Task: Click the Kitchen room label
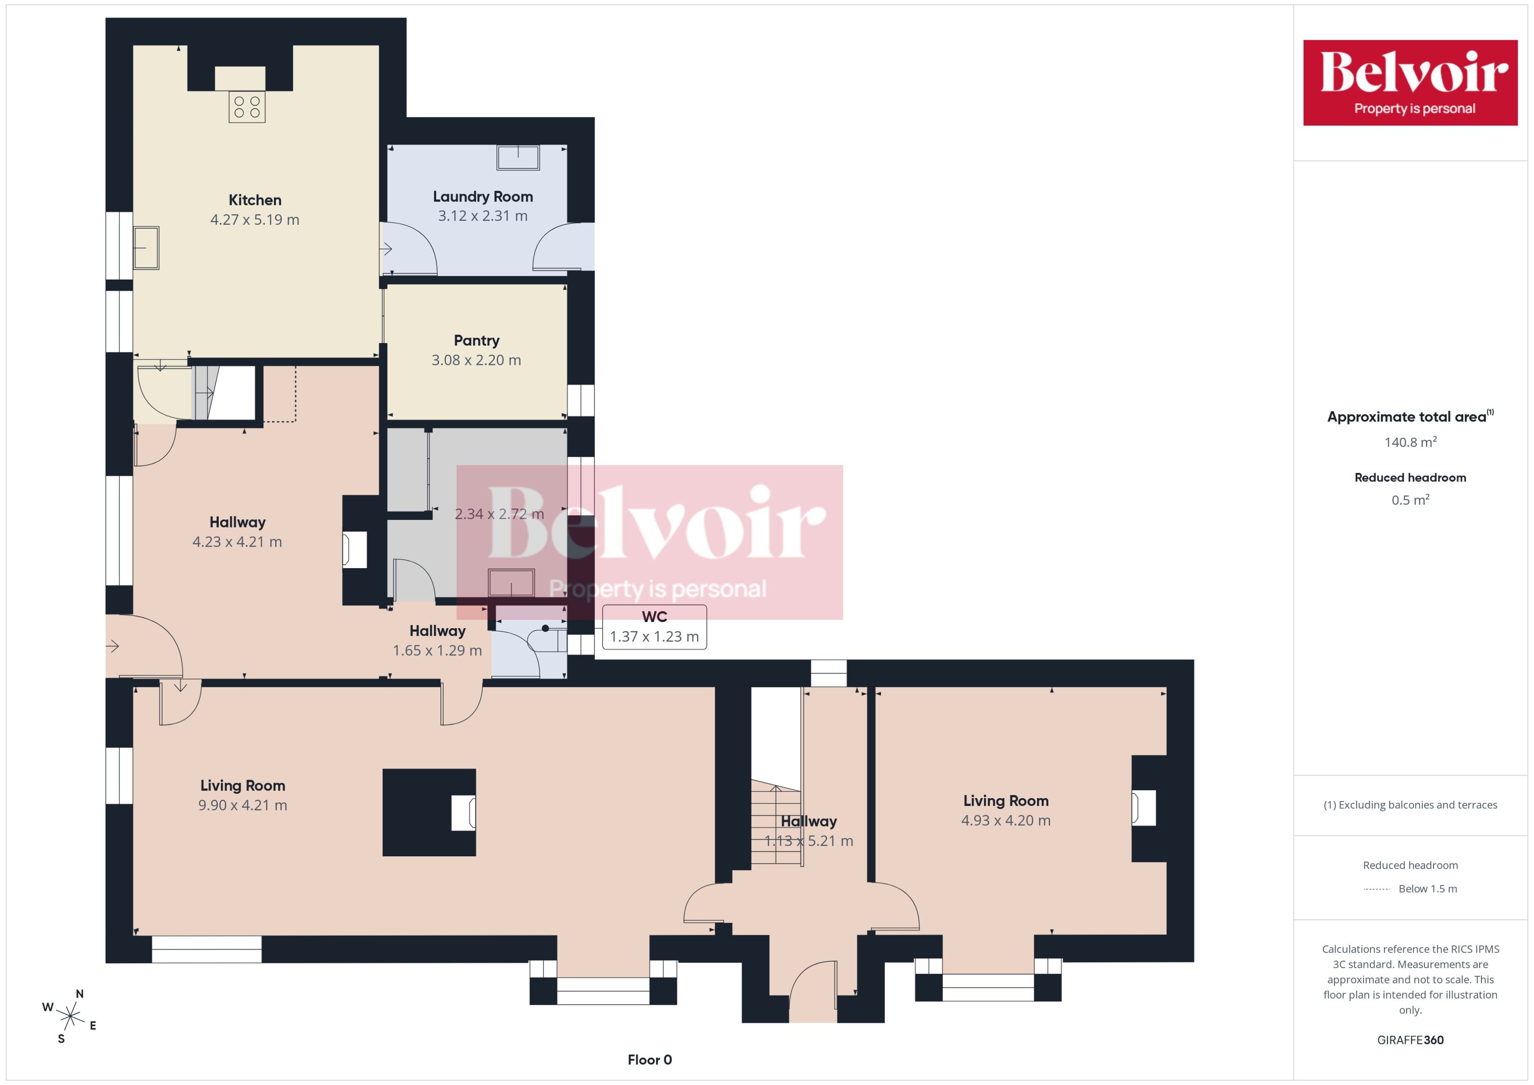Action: [x=255, y=200]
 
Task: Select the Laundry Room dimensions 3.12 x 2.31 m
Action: [x=483, y=216]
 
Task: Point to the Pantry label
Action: [x=476, y=341]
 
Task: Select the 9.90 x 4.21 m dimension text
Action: [x=243, y=805]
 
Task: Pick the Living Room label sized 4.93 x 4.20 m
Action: [x=1005, y=800]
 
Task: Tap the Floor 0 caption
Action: [x=649, y=1060]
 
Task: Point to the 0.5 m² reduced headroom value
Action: [x=1410, y=500]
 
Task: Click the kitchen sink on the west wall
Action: [x=146, y=248]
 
